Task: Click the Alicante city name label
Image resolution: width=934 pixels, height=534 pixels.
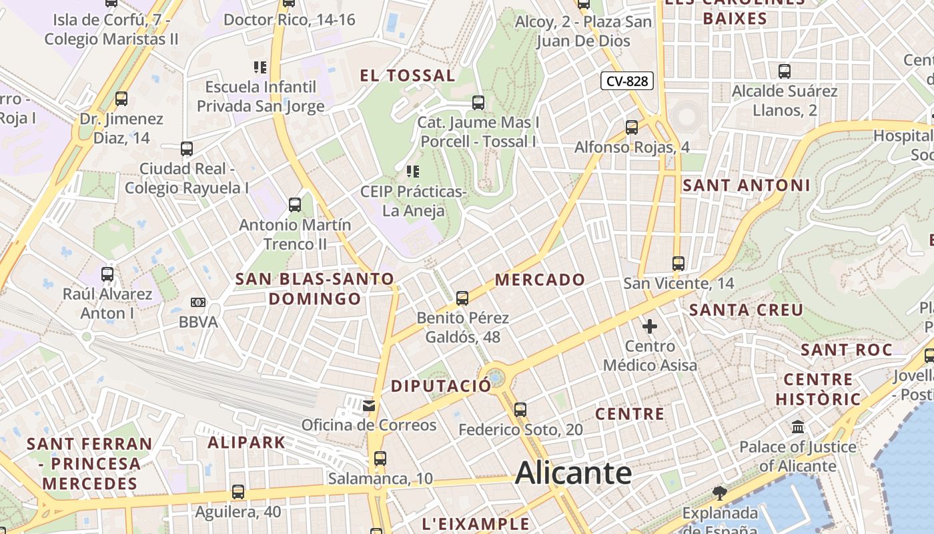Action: tap(573, 473)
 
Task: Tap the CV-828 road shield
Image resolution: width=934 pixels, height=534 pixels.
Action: tap(626, 81)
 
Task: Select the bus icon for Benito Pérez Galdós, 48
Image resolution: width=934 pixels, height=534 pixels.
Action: tap(462, 298)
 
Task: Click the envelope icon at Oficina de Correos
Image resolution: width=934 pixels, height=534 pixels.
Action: tap(369, 405)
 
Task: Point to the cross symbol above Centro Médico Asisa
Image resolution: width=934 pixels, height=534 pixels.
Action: tap(650, 326)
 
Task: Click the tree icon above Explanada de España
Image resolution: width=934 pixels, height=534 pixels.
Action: tap(719, 493)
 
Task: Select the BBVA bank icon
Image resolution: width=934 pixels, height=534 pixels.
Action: tap(198, 302)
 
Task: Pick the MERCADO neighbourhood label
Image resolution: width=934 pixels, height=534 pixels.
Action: tap(540, 280)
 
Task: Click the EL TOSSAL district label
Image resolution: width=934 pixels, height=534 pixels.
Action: tap(408, 75)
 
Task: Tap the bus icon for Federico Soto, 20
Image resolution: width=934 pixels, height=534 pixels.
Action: tap(520, 409)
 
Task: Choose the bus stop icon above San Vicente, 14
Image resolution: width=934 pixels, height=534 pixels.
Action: tap(678, 263)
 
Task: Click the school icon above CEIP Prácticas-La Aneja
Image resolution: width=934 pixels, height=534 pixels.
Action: tap(412, 172)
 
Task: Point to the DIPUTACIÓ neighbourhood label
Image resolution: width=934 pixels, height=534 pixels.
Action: tap(440, 386)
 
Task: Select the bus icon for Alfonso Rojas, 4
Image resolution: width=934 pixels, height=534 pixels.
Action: tap(632, 127)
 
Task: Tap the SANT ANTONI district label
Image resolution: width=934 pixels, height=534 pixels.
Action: tap(747, 186)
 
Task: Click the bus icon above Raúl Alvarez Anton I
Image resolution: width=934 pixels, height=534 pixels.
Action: tap(107, 274)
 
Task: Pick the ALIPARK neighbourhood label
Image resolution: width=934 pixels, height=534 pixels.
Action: tap(246, 443)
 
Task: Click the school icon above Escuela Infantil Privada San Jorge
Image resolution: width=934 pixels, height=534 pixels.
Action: tap(260, 67)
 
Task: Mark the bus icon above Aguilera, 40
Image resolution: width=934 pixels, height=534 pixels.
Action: tap(238, 492)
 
